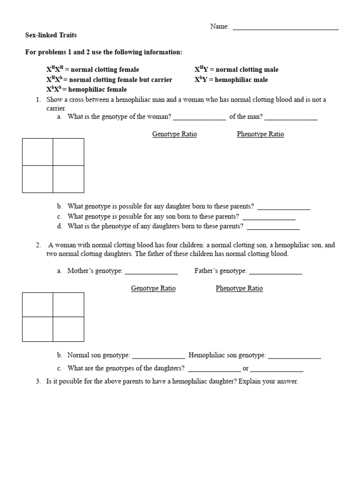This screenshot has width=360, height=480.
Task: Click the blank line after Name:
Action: click(x=285, y=29)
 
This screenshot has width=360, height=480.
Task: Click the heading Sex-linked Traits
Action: click(x=51, y=35)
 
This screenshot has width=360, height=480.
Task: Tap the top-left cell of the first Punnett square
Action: click(x=37, y=152)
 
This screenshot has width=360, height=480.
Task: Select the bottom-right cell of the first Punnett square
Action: click(x=68, y=179)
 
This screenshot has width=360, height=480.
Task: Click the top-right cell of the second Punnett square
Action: click(x=68, y=305)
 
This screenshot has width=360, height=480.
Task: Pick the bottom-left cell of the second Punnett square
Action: click(x=37, y=329)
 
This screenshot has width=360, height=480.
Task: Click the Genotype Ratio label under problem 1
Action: click(x=174, y=134)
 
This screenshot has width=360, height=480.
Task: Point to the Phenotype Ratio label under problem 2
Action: click(x=239, y=288)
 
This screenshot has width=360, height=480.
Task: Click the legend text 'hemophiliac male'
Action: click(x=241, y=80)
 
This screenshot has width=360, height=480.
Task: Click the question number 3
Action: click(x=38, y=382)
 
